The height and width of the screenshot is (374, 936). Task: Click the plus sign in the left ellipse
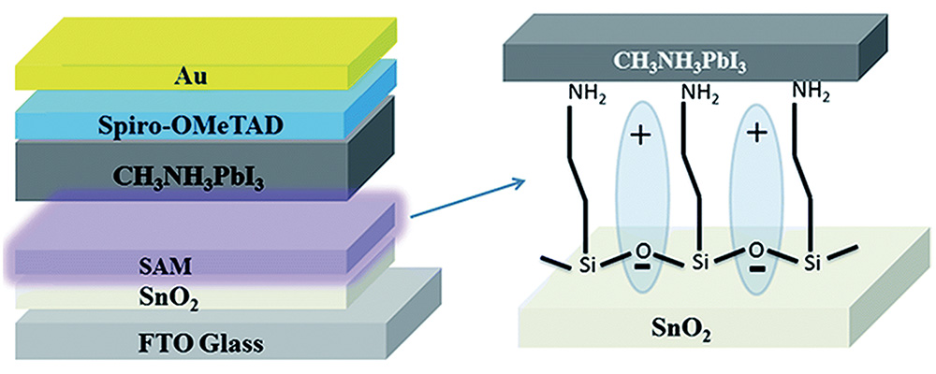click(x=641, y=137)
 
